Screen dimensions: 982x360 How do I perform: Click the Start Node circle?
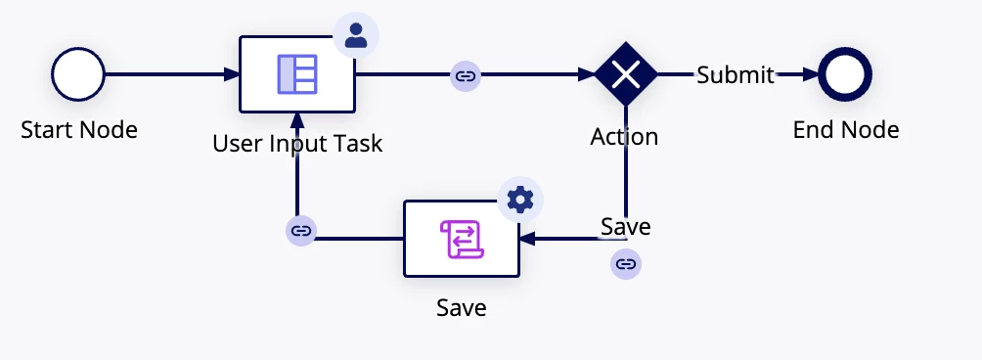[x=78, y=74]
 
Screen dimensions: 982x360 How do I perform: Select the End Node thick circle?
[x=845, y=74]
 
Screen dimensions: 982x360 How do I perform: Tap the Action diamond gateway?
[x=626, y=74]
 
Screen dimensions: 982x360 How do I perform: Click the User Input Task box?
[x=297, y=74]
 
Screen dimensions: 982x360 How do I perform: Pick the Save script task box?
[x=462, y=239]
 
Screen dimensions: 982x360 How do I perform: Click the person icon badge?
[x=356, y=35]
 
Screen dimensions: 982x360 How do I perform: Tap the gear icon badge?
[x=520, y=200]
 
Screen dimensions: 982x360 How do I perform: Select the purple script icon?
[x=463, y=239]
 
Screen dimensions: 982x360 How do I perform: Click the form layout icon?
[x=297, y=74]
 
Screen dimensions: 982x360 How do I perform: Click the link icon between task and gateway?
[x=466, y=76]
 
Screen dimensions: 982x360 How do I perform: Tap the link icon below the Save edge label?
[x=626, y=263]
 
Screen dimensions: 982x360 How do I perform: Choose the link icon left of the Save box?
[x=301, y=231]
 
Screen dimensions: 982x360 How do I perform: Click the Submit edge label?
[x=736, y=75]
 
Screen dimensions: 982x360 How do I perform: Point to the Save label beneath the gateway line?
[x=626, y=227]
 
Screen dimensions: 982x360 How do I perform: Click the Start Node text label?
[x=79, y=130]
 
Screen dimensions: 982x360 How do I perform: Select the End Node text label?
[x=846, y=130]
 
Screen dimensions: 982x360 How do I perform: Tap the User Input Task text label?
[x=297, y=144]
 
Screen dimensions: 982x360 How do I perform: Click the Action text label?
[x=624, y=137]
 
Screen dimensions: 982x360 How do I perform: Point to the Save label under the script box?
[x=462, y=308]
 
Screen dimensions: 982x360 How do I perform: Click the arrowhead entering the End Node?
[x=811, y=74]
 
